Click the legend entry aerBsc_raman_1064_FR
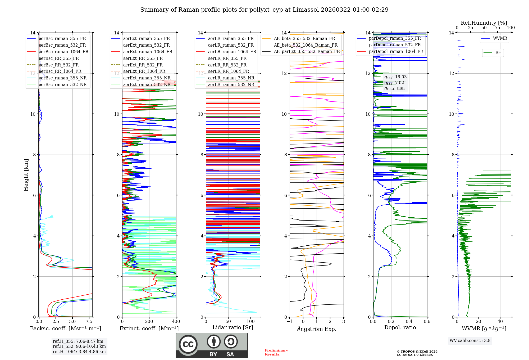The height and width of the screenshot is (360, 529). [x=63, y=52]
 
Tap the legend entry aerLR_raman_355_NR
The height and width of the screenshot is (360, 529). [x=231, y=78]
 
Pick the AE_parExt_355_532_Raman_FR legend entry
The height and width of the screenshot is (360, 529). [x=307, y=51]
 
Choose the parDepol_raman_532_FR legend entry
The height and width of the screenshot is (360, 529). [x=395, y=45]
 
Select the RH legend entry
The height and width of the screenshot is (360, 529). [x=498, y=53]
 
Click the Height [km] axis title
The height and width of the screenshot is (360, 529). [x=26, y=175]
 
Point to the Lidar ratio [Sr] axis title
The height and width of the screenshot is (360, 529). [x=232, y=327]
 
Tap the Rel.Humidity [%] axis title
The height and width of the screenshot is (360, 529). [x=484, y=23]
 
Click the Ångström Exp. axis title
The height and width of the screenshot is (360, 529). [x=316, y=329]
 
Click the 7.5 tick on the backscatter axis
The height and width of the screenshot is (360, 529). [x=89, y=322]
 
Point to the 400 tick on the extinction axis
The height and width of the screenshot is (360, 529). [x=176, y=322]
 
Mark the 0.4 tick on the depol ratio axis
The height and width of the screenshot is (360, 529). [x=409, y=322]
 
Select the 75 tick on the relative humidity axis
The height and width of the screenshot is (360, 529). [x=498, y=28]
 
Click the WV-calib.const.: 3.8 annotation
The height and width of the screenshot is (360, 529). [x=470, y=341]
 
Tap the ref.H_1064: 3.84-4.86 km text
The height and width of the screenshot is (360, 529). [x=79, y=352]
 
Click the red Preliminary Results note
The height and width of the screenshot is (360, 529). [x=276, y=352]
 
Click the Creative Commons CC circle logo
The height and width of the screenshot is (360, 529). [x=188, y=344]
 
